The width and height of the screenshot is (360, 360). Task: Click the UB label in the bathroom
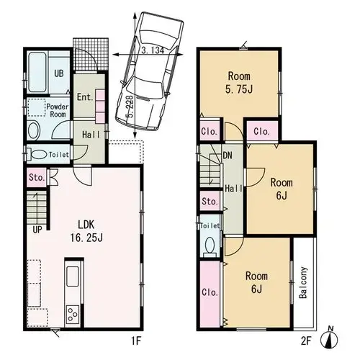click(59, 73)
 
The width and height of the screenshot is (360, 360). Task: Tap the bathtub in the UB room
click(37, 72)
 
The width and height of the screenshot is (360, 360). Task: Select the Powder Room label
click(58, 110)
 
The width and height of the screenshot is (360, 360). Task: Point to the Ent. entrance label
click(85, 97)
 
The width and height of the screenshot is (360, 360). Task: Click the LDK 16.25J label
click(86, 231)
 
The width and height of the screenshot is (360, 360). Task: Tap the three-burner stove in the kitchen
click(73, 315)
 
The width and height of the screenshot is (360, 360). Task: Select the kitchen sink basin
click(73, 276)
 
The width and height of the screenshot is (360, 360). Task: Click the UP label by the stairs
click(37, 230)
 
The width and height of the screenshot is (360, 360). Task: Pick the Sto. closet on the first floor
click(37, 178)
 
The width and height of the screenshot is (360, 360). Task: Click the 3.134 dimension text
click(153, 50)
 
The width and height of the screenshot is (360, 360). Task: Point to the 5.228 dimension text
click(130, 107)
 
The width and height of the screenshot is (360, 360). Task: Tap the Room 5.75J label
click(239, 83)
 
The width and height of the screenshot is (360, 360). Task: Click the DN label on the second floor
click(228, 156)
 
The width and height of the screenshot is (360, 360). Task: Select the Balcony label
click(303, 282)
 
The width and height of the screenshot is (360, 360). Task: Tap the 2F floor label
click(307, 341)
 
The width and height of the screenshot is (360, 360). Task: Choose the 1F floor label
click(135, 341)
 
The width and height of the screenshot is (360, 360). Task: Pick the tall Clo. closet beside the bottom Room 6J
click(210, 294)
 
